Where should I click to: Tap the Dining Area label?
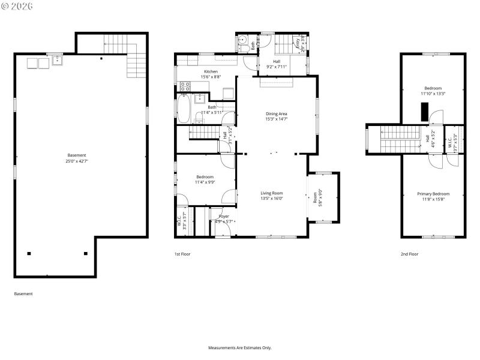tap(277, 113)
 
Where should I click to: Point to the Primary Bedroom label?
tap(433, 194)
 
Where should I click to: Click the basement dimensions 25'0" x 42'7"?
tap(76, 161)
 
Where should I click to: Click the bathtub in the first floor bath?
tap(183, 110)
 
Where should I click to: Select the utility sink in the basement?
tap(56, 60)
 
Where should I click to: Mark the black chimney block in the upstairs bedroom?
tap(425, 111)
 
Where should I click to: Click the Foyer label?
tap(224, 216)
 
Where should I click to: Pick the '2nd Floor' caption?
tap(409, 254)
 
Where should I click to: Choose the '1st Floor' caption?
tap(182, 254)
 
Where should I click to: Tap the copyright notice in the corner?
tap(18, 5)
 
